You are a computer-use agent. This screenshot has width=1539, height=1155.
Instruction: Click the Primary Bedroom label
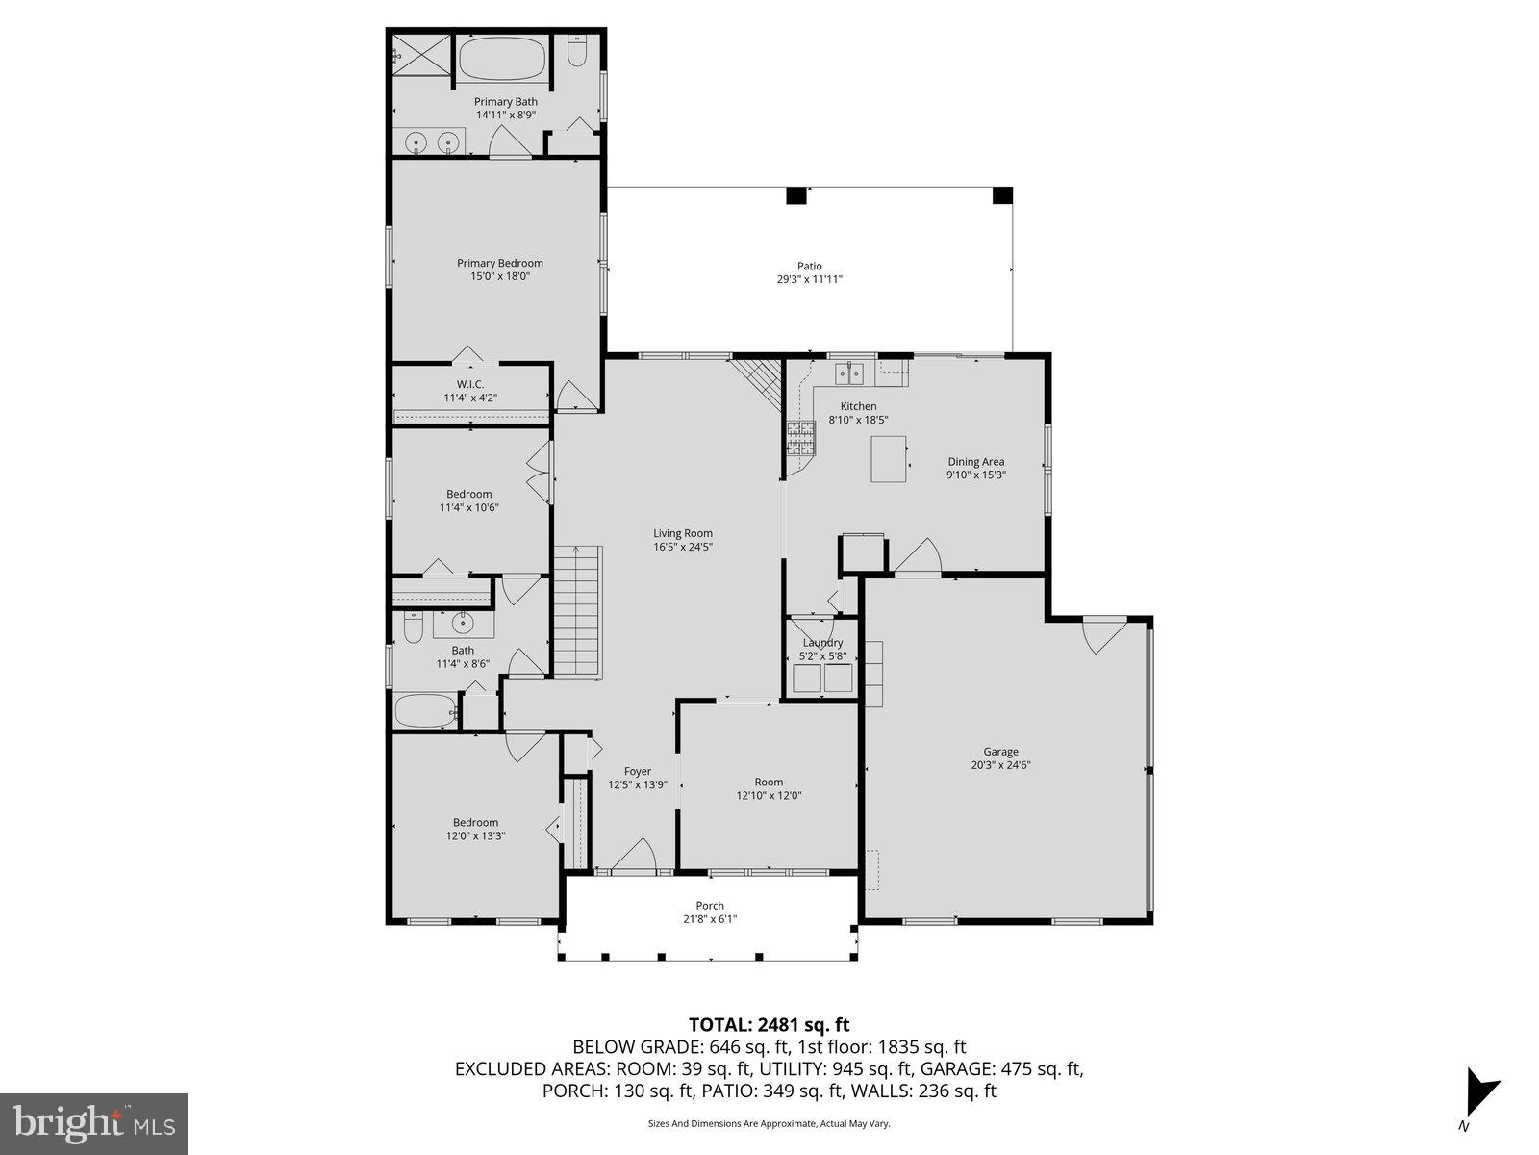pyautogui.click(x=499, y=263)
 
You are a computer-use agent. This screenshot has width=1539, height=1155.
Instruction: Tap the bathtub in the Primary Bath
pyautogui.click(x=501, y=60)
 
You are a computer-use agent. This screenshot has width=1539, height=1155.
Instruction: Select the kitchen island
pyautogui.click(x=889, y=459)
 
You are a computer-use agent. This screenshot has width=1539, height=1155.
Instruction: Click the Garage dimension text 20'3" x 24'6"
pyautogui.click(x=1000, y=766)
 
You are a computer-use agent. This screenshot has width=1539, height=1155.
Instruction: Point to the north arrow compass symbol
pyautogui.click(x=1477, y=1091)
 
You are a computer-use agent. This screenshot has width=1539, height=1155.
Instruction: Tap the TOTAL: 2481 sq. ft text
pyautogui.click(x=769, y=1025)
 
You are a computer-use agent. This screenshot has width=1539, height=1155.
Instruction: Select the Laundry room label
pyautogui.click(x=822, y=643)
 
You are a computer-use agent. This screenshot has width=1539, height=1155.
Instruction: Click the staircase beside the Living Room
pyautogui.click(x=576, y=611)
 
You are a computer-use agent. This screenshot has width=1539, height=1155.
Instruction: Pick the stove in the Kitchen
pyautogui.click(x=801, y=438)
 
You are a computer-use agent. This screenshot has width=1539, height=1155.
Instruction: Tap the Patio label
pyautogui.click(x=809, y=266)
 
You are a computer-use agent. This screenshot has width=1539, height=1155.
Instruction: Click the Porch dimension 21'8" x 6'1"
pyautogui.click(x=710, y=919)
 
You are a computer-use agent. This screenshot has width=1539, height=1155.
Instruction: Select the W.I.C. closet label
pyautogui.click(x=470, y=384)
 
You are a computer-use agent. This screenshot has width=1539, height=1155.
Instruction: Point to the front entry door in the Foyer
pyautogui.click(x=634, y=857)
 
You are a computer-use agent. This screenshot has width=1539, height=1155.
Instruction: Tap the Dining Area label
pyautogui.click(x=975, y=462)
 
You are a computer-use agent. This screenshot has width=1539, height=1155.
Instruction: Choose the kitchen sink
pyautogui.click(x=848, y=372)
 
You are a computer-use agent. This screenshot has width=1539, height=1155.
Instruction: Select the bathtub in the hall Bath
pyautogui.click(x=424, y=711)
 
